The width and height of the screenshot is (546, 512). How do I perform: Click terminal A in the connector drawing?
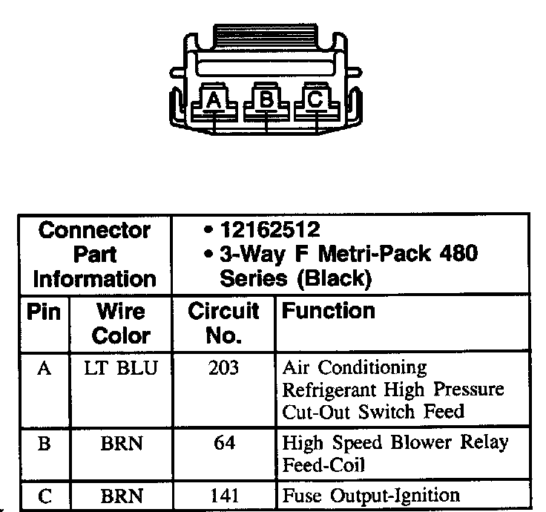tap(214, 99)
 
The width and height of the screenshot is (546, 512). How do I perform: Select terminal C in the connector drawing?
tap(315, 98)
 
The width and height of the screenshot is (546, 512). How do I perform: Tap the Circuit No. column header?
tap(223, 323)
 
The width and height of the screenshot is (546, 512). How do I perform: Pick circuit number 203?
tap(223, 368)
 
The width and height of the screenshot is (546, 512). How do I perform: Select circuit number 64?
tap(223, 443)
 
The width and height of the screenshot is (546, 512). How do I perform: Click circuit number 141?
tap(223, 495)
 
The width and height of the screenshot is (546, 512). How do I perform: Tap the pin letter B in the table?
tap(44, 443)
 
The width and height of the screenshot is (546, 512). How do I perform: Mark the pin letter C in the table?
tap(44, 496)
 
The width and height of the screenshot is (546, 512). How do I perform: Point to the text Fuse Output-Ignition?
tap(371, 495)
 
